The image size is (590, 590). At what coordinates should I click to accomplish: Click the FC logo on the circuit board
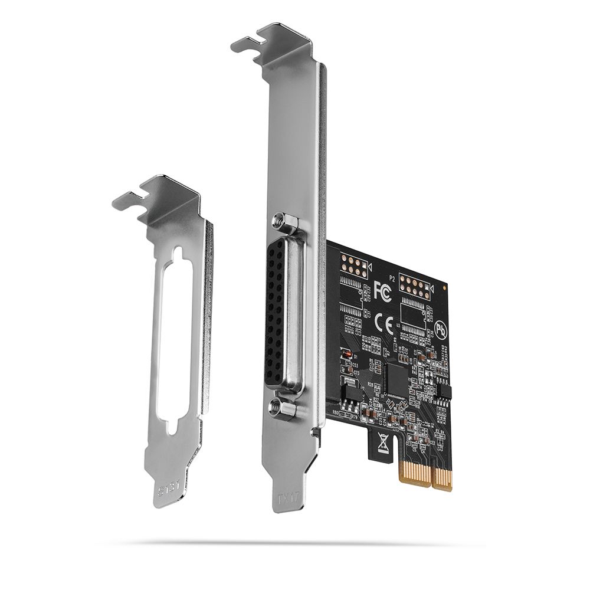[382, 291]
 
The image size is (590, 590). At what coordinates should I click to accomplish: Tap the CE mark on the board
[384, 323]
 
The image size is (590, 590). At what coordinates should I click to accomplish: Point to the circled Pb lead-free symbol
[440, 329]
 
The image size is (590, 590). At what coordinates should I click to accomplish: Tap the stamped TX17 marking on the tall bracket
[289, 497]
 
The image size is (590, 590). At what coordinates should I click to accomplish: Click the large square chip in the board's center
[396, 379]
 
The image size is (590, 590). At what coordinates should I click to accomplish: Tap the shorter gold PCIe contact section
[442, 478]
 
